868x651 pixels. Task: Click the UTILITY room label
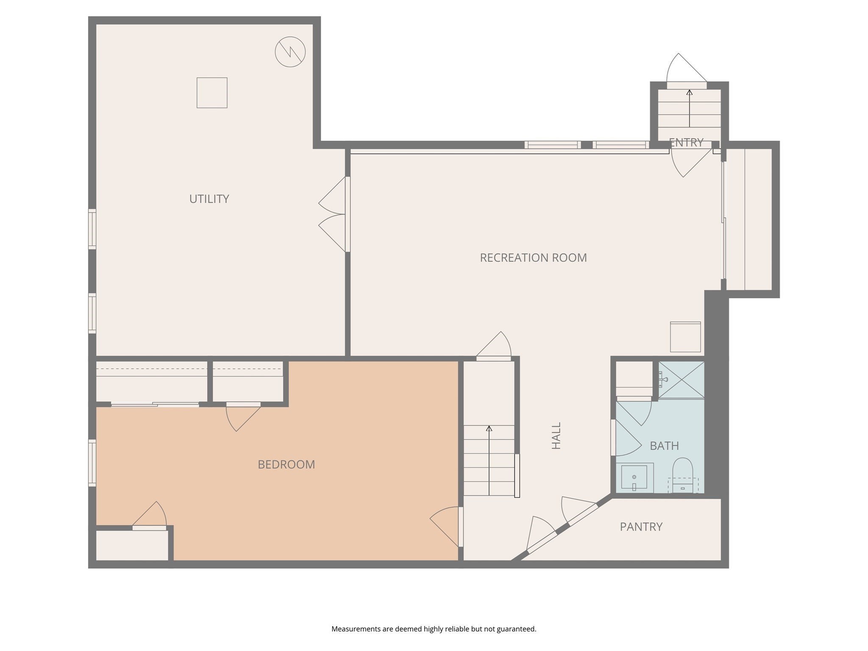[x=209, y=199]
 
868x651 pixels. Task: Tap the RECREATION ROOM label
[x=533, y=258]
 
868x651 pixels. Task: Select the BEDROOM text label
[x=286, y=465]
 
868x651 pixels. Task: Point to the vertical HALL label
[x=556, y=435]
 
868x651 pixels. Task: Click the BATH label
[x=664, y=446]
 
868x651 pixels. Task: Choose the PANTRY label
[x=641, y=527]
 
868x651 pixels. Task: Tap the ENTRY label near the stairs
[x=686, y=142]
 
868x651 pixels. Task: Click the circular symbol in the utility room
[x=290, y=52]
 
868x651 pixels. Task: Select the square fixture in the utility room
[x=212, y=92]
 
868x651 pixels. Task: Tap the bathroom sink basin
[x=634, y=477]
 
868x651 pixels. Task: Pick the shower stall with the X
[x=681, y=380]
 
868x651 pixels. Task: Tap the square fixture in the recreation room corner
[x=685, y=337]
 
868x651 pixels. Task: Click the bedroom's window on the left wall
[x=92, y=462]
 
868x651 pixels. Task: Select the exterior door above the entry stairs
[x=687, y=85]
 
